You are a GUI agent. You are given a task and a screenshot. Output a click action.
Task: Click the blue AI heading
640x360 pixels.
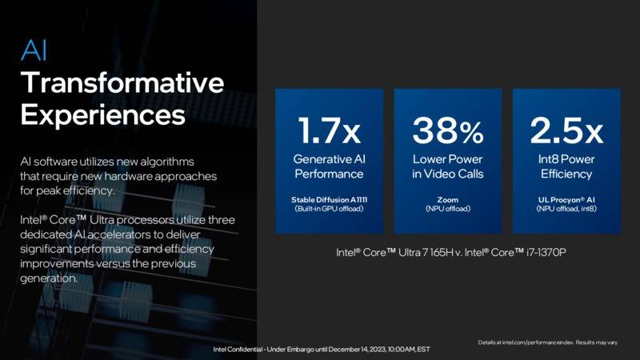pyautogui.click(x=34, y=50)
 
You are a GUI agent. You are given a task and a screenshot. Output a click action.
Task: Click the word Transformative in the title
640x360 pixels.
pyautogui.click(x=122, y=82)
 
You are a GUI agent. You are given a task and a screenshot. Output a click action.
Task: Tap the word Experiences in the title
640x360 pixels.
pyautogui.click(x=103, y=115)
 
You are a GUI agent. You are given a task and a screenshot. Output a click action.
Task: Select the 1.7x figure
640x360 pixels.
pyautogui.click(x=330, y=130)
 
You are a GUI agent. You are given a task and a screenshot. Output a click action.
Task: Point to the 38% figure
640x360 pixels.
pyautogui.click(x=448, y=130)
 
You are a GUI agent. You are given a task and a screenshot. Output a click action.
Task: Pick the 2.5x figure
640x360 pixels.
pyautogui.click(x=566, y=130)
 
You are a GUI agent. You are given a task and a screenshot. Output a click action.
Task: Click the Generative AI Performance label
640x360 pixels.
pyautogui.click(x=330, y=166)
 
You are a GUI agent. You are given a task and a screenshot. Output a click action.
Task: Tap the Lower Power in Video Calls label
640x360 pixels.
pyautogui.click(x=448, y=166)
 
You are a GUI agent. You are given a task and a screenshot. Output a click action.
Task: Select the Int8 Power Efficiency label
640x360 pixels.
pyautogui.click(x=566, y=166)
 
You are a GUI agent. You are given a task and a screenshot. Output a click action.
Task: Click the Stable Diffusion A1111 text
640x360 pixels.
pyautogui.click(x=330, y=199)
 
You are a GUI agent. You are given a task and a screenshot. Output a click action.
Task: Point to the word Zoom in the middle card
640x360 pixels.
pyautogui.click(x=448, y=199)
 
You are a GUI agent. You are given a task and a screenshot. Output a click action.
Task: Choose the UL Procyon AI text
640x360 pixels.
pyautogui.click(x=566, y=199)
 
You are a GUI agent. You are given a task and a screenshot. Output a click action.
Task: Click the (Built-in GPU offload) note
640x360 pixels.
pyautogui.click(x=330, y=209)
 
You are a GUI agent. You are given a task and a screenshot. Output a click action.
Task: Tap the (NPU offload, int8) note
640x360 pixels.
pyautogui.click(x=566, y=209)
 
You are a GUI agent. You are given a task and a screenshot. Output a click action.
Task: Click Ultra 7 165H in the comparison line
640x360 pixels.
pyautogui.click(x=426, y=252)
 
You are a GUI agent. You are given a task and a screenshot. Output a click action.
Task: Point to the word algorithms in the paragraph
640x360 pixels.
pyautogui.click(x=167, y=162)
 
